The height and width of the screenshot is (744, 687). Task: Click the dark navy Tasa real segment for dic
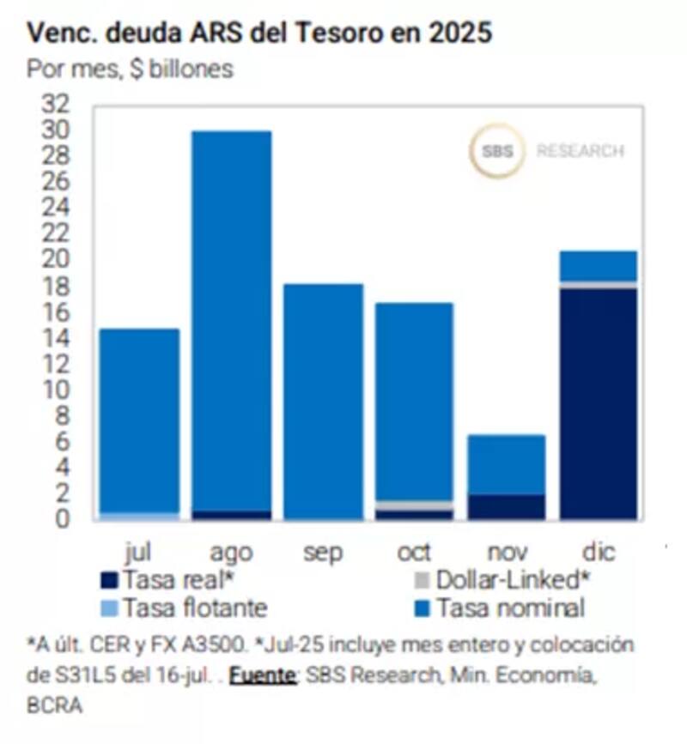[599, 403]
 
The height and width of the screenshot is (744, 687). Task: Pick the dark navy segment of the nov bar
[507, 506]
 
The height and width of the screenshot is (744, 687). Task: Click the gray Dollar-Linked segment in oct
[415, 505]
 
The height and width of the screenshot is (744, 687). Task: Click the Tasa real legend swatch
[109, 580]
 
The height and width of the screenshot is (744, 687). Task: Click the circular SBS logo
[496, 151]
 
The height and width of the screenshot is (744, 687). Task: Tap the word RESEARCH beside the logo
[580, 152]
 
